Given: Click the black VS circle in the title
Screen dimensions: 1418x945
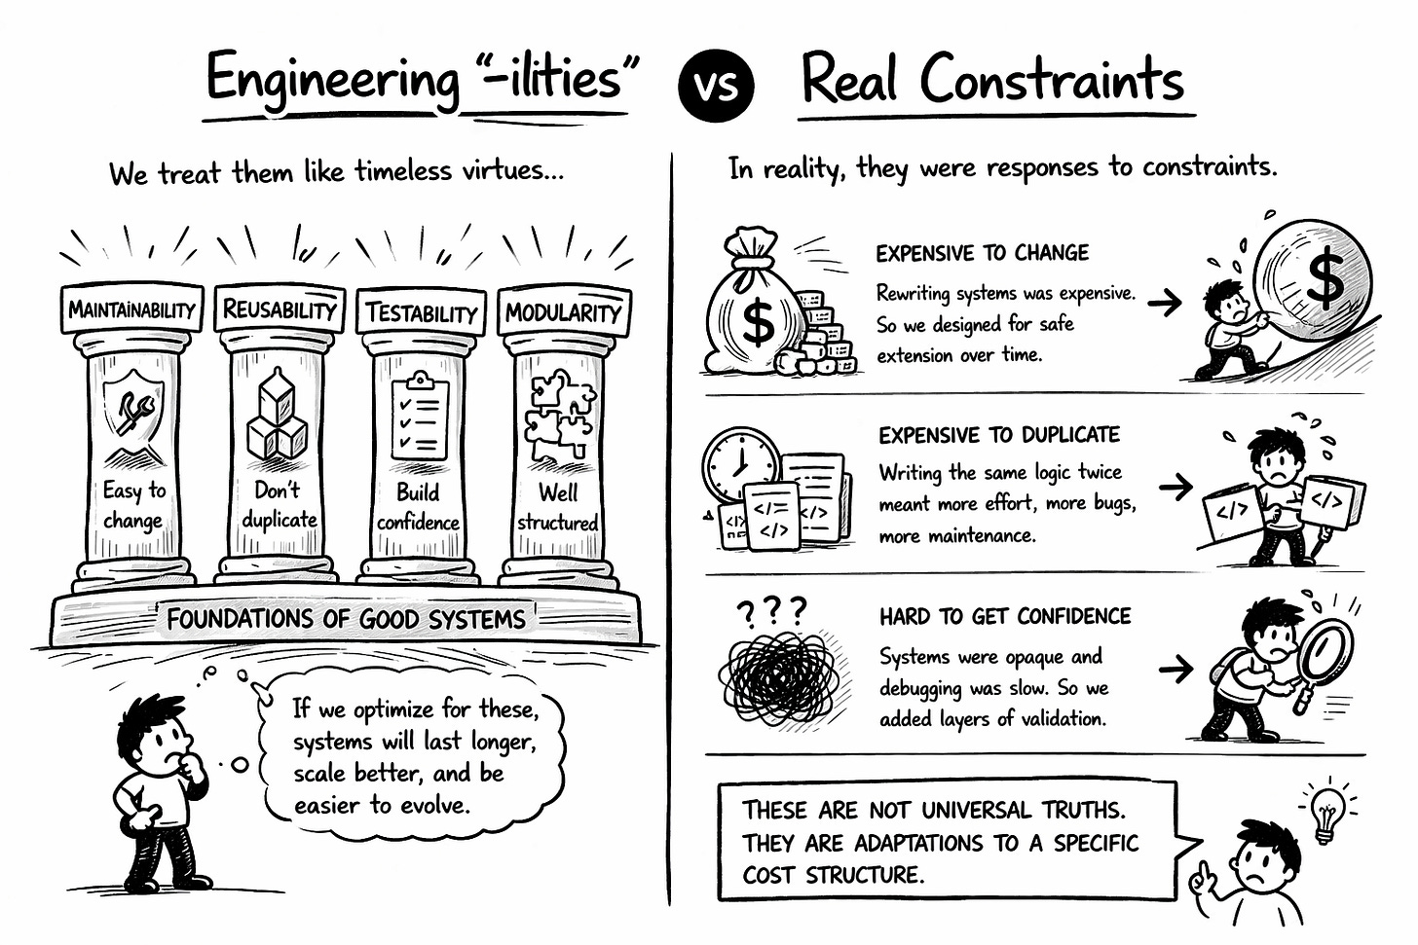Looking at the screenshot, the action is click(x=715, y=85).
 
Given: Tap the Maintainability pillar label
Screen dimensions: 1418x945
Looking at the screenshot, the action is click(x=131, y=309).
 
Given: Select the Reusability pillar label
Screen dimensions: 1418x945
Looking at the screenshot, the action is click(x=280, y=309).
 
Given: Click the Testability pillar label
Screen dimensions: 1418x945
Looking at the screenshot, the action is click(x=421, y=312).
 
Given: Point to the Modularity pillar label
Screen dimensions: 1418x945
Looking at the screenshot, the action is click(x=563, y=312).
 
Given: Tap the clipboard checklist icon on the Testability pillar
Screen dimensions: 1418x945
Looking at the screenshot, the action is click(x=420, y=416).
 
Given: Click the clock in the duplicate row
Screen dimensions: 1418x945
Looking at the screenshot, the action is click(x=740, y=462).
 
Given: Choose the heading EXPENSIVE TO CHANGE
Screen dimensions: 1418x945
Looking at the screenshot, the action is click(x=982, y=253).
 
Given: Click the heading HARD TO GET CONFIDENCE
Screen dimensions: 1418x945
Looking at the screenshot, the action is click(x=1005, y=616).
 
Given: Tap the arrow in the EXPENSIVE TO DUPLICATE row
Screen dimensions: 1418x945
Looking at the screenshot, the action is click(x=1175, y=486).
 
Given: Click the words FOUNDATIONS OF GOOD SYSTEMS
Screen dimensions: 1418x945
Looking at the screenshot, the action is click(x=346, y=619).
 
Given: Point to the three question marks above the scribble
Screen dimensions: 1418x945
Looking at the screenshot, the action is click(x=772, y=611).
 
